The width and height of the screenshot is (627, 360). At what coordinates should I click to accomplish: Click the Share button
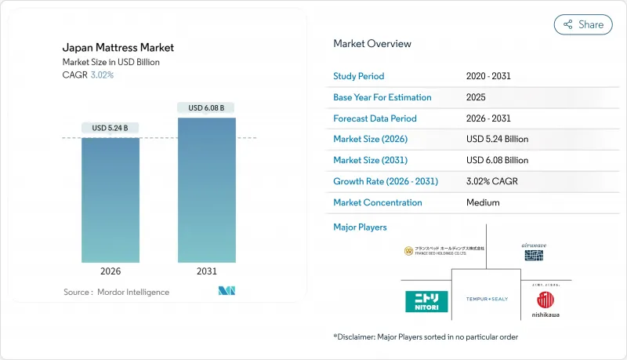(x=583, y=24)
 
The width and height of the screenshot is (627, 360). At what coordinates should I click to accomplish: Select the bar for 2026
(x=111, y=200)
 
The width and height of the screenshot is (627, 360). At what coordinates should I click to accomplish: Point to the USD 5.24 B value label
(x=111, y=128)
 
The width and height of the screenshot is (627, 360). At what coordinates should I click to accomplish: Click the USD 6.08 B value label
(x=206, y=107)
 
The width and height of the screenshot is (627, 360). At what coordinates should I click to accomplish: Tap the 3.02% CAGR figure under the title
(x=101, y=75)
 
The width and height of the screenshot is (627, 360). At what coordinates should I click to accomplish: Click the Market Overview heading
(x=372, y=44)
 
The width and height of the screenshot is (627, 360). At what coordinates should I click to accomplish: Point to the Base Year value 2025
(x=475, y=97)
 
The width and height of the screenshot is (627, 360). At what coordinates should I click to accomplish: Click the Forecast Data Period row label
(x=375, y=118)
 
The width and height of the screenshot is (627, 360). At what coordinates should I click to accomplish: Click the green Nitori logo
(x=426, y=301)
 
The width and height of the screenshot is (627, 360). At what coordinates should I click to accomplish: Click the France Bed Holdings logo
(x=444, y=251)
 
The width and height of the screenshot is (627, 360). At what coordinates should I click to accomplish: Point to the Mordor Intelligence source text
(x=116, y=292)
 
